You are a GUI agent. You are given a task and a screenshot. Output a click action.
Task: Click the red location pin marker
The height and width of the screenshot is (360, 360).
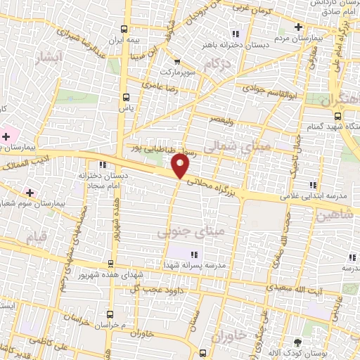181,165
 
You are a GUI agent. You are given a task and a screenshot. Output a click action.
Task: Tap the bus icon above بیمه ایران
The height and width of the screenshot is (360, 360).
124,29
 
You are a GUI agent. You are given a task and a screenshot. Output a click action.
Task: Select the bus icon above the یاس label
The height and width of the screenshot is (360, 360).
127,97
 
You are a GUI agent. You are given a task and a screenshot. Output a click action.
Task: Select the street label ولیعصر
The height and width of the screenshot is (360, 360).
223,120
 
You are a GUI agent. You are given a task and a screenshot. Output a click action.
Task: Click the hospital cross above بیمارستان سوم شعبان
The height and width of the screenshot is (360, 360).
29,192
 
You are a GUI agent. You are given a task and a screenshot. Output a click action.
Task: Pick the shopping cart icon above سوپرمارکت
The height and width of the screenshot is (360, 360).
177,61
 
